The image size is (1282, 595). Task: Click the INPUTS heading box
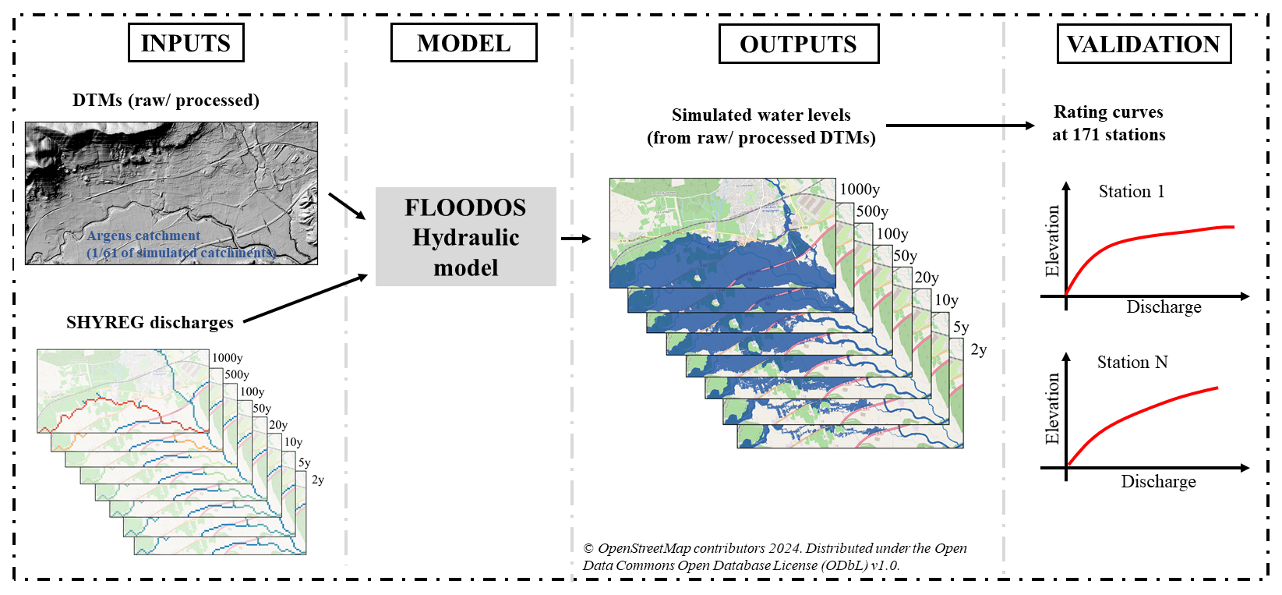185,43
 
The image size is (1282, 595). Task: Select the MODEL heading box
464,43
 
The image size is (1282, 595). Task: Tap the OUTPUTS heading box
798,44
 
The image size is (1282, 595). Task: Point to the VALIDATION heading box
1143,44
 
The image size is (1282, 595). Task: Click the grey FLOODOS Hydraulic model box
465,236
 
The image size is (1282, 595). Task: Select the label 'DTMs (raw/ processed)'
165,101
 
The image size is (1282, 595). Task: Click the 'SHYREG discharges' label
150,322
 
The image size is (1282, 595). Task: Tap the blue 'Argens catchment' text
143,236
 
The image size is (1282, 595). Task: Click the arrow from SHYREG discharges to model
305,298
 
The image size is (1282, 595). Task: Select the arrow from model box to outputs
575,238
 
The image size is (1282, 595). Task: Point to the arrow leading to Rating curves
959,125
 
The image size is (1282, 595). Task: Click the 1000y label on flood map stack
860,189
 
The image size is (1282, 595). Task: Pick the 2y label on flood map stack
979,350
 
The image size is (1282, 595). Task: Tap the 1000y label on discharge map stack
227,358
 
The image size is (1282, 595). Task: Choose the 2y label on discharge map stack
317,480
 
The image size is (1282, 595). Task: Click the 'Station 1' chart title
1131,192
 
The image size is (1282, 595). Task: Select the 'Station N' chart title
1132,362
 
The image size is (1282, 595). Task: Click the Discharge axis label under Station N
1158,481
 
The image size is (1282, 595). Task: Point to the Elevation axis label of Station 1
1052,241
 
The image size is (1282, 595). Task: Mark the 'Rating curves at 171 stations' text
1108,123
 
